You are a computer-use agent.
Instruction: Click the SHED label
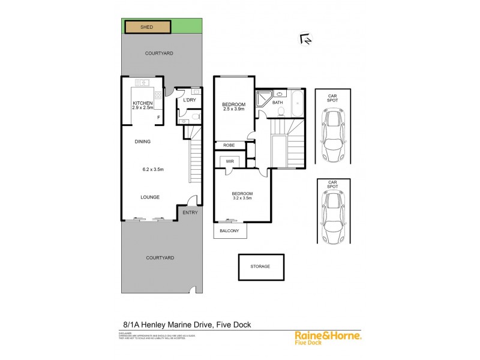point(146,27)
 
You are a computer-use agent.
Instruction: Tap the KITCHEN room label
point(143,103)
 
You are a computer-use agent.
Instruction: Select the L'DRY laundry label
point(189,100)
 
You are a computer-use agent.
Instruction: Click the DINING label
point(142,142)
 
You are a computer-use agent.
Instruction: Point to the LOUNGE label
point(149,196)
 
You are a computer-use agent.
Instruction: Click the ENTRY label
point(190,212)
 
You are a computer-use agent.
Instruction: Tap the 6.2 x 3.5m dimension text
point(152,169)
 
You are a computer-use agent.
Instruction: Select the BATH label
point(277,103)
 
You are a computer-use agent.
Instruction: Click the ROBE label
point(229,145)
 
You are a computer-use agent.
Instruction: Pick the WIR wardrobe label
point(229,161)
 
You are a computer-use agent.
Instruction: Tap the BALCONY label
point(229,231)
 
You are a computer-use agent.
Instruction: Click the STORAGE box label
point(260,266)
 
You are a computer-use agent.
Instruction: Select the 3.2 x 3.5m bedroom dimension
point(242,199)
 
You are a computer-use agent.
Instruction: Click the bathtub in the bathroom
point(297,103)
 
